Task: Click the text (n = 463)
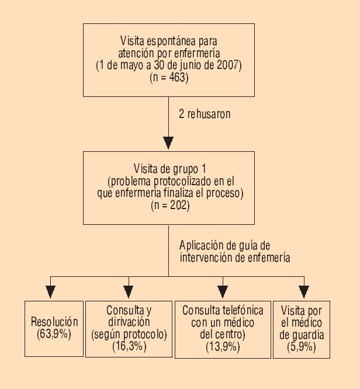click(x=168, y=77)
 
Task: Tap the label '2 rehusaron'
click(x=205, y=114)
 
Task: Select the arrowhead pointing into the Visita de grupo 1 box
click(x=168, y=143)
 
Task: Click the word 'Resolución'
click(x=54, y=321)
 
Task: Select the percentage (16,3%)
click(x=129, y=346)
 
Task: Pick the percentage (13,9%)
click(x=223, y=346)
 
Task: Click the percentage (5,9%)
click(x=302, y=346)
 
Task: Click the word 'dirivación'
click(x=129, y=321)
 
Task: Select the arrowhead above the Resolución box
click(x=51, y=290)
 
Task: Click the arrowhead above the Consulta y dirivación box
click(x=129, y=290)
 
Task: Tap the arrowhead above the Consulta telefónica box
click(x=222, y=290)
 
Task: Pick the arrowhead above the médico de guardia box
click(x=303, y=290)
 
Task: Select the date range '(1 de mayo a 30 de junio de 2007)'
click(x=168, y=65)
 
